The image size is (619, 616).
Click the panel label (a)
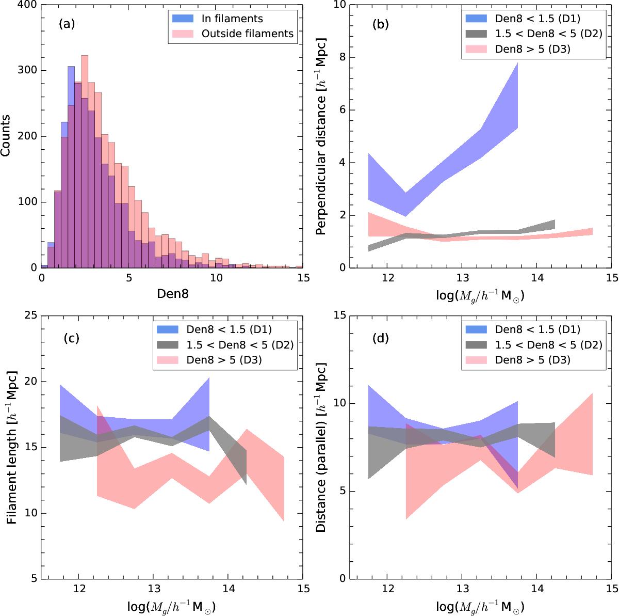point(68,23)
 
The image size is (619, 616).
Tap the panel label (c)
point(71,338)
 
